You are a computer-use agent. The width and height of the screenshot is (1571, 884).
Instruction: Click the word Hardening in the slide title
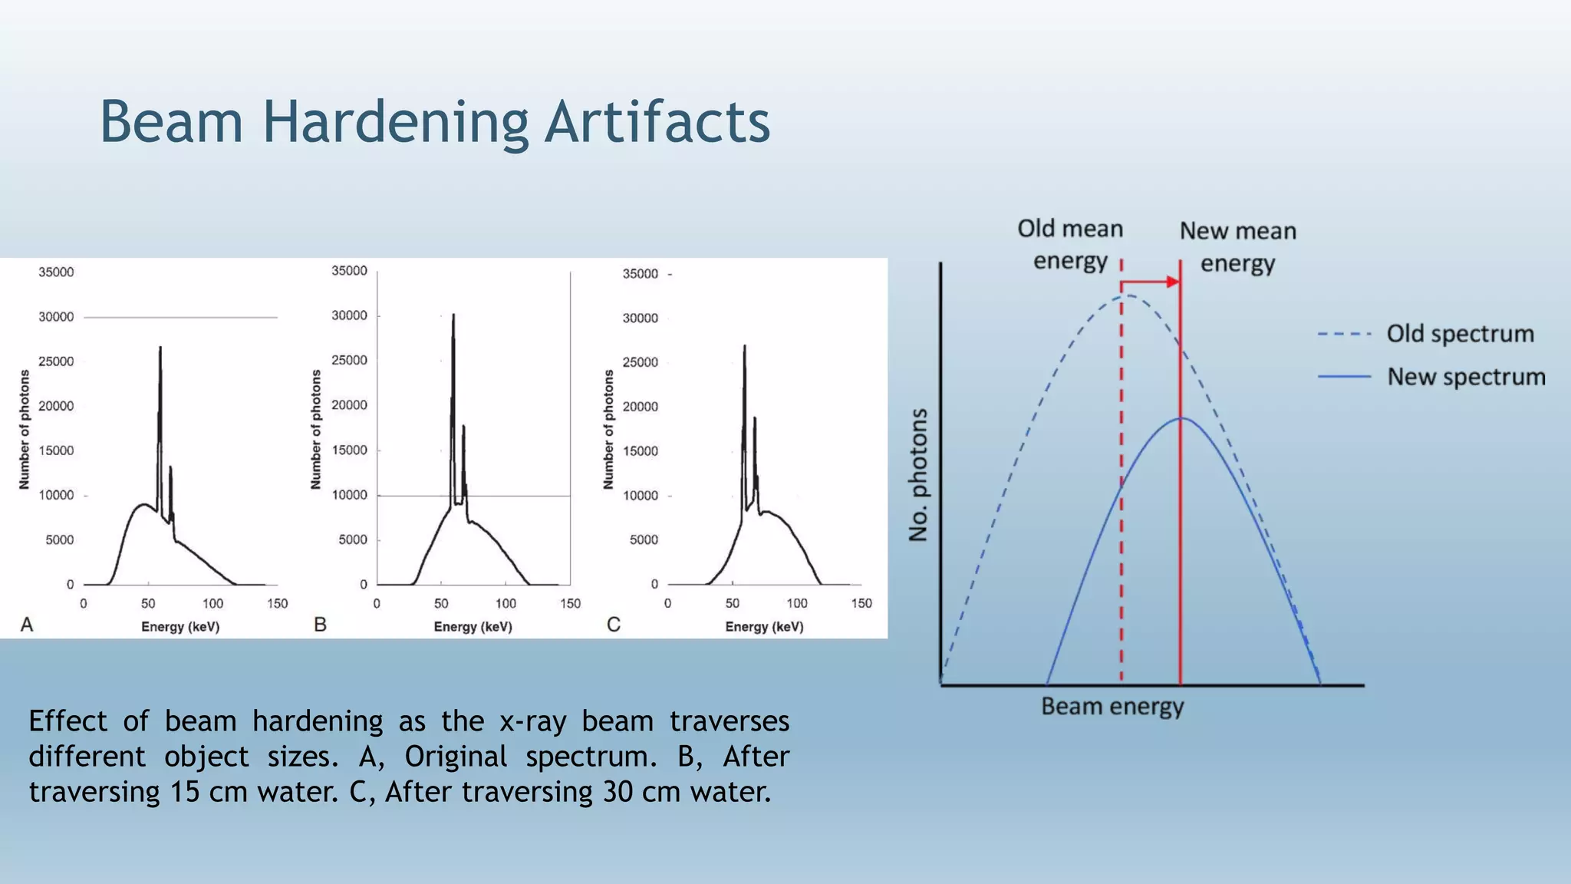point(395,123)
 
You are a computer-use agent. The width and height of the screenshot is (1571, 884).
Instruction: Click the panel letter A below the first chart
point(27,625)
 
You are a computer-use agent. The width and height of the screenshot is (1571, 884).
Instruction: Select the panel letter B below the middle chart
point(321,625)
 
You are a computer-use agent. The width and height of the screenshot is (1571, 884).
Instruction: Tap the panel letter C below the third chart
point(614,625)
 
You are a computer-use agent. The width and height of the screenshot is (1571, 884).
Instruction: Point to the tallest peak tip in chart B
point(453,315)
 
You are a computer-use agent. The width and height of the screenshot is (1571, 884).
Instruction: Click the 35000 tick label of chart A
point(56,272)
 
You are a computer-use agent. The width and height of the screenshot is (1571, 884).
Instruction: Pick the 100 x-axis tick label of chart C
point(797,604)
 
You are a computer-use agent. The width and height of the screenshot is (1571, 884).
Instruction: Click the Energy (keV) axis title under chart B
point(473,627)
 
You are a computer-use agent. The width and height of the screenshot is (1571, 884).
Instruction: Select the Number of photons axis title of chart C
point(608,430)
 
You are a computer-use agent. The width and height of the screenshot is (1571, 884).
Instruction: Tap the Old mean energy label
point(1070,244)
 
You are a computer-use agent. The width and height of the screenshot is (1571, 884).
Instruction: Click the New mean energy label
point(1237,246)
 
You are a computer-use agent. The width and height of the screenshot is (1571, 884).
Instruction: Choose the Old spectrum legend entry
point(1459,334)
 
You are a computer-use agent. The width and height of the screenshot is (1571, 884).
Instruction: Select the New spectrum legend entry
point(1465,377)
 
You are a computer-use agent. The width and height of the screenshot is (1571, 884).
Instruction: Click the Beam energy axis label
point(1112,706)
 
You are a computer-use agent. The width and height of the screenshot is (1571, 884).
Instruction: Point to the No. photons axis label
point(918,475)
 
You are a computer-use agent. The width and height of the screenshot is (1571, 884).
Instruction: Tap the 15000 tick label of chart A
point(56,450)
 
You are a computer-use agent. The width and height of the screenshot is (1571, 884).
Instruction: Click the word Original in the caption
point(456,757)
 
